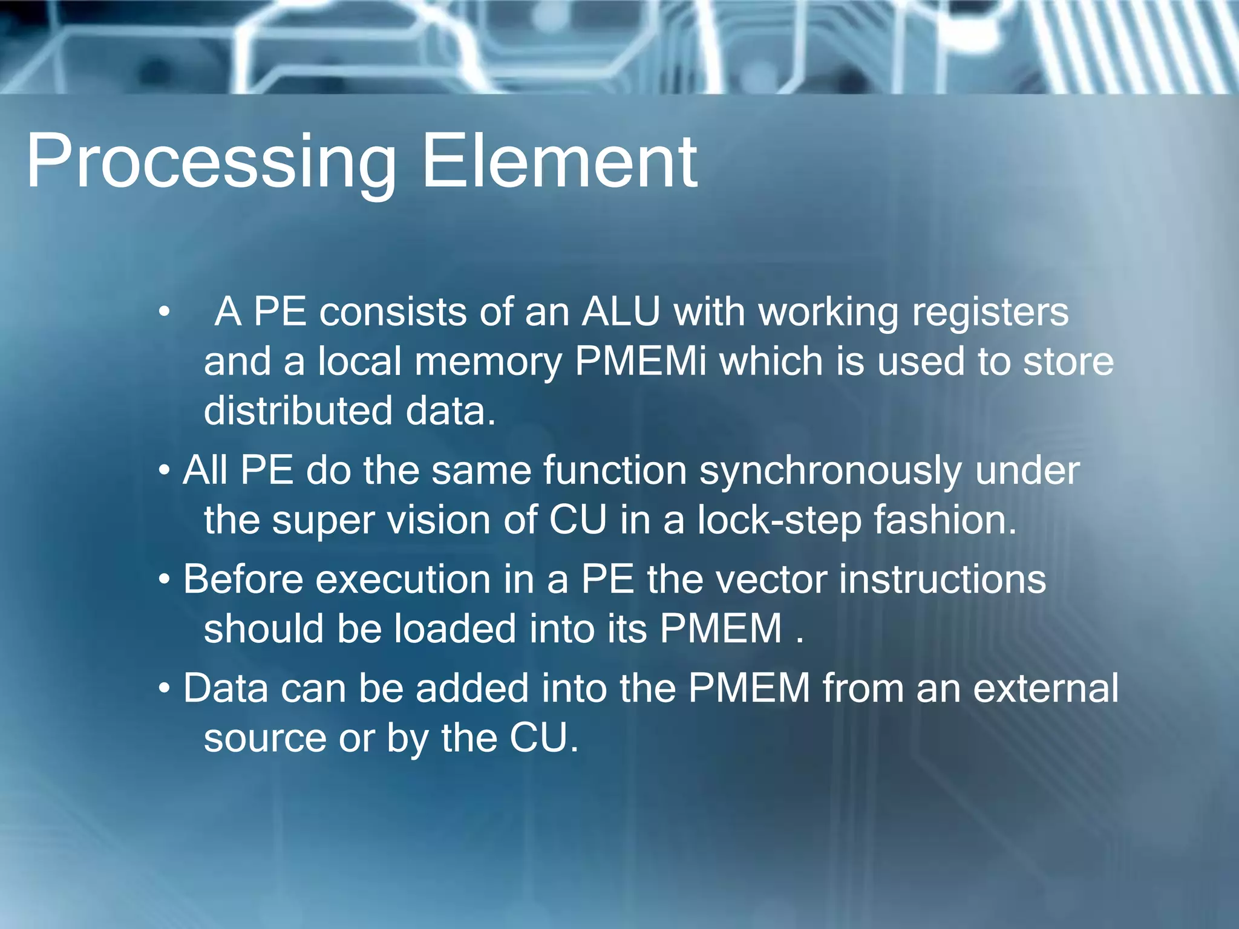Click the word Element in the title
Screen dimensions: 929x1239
pos(559,162)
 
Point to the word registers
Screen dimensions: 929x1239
pos(990,313)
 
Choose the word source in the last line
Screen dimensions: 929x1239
pos(265,738)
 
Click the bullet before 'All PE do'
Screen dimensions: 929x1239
pos(164,471)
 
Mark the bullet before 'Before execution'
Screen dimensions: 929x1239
pos(164,579)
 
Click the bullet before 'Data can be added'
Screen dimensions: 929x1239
pos(164,688)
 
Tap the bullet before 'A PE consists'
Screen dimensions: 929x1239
pos(164,313)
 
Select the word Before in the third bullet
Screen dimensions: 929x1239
pos(243,579)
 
